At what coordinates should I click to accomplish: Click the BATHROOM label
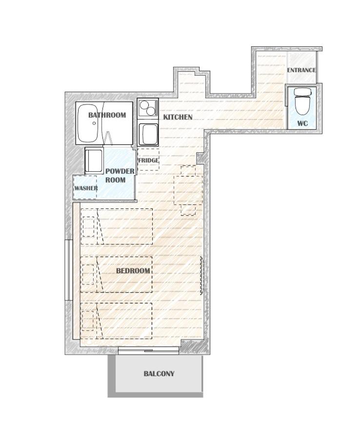point(107,115)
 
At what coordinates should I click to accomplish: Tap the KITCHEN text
point(178,117)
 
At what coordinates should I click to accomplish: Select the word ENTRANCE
point(301,70)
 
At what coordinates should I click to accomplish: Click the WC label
point(302,123)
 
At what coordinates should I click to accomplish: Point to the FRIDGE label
point(148,161)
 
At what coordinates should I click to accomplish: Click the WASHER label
point(86,188)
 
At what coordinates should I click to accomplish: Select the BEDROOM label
point(133,271)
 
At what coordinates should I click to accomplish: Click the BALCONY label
point(159,374)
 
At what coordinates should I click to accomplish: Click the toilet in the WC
point(302,101)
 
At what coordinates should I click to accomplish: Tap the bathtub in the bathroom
point(87,123)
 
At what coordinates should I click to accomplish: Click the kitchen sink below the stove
point(148,135)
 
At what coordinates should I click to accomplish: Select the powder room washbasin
point(94,161)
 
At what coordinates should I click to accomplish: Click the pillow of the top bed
point(88,226)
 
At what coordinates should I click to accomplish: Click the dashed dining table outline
point(188,190)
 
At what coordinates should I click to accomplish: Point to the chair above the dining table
point(188,171)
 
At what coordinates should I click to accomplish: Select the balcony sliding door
point(148,351)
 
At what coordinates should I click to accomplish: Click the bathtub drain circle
point(94,123)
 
